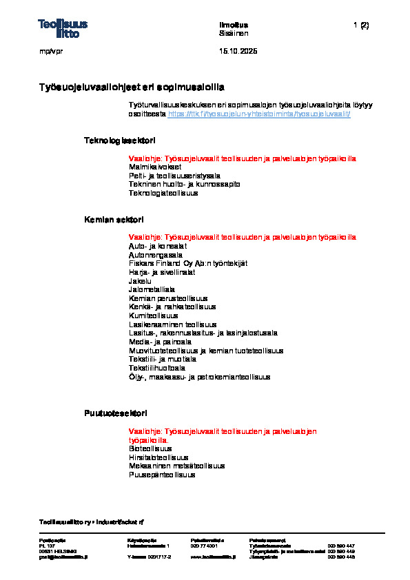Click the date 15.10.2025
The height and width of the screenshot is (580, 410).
coord(238,52)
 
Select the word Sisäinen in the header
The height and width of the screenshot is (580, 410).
coord(234,33)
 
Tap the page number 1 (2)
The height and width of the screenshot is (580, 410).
coord(361,25)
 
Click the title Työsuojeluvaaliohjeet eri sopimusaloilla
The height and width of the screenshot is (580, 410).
coord(132,87)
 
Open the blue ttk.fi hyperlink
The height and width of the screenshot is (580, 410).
coord(259,114)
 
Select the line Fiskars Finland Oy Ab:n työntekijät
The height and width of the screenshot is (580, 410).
coord(188,263)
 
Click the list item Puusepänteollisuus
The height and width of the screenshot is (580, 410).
coord(162,474)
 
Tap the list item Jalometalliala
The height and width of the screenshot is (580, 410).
coord(152,289)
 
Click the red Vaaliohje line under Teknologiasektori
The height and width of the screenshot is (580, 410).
coord(243,158)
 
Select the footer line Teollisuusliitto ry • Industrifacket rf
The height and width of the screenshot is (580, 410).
coord(91,521)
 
